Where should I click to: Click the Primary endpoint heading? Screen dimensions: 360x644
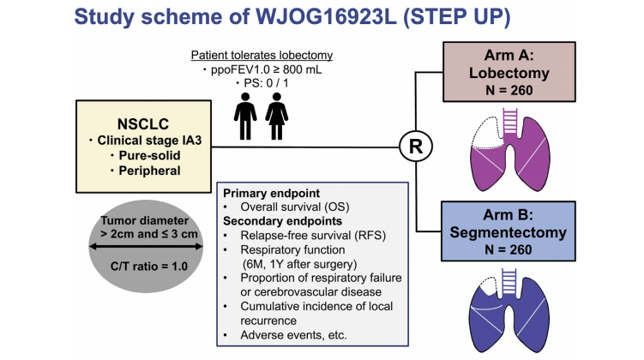click(x=267, y=193)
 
